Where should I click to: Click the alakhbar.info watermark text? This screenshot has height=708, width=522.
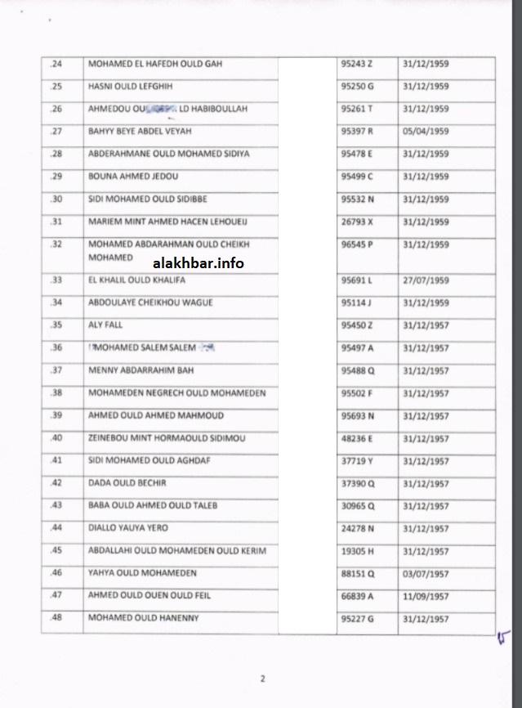(198, 262)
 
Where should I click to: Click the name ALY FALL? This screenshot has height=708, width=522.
(105, 325)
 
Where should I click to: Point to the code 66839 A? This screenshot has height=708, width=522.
(358, 596)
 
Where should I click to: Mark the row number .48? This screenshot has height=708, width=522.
(56, 619)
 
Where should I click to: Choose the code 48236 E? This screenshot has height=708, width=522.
(358, 438)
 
